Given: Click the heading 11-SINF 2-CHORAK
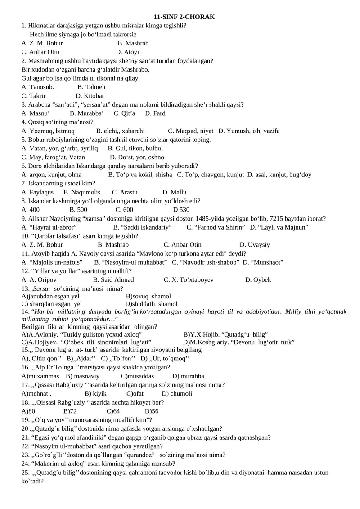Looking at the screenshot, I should (184, 17).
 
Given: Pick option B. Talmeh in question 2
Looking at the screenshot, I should (91, 87).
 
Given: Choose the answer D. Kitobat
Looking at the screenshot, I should (90, 96).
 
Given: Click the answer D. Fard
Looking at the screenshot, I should (155, 113).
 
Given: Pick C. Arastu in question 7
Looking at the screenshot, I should (125, 192).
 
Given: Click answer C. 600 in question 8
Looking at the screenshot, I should (124, 210).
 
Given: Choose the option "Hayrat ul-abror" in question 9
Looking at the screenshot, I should (49, 227).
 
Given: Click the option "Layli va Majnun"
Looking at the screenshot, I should (279, 227).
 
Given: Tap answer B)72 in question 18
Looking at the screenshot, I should (70, 411).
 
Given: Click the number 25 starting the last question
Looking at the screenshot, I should (25, 473).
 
